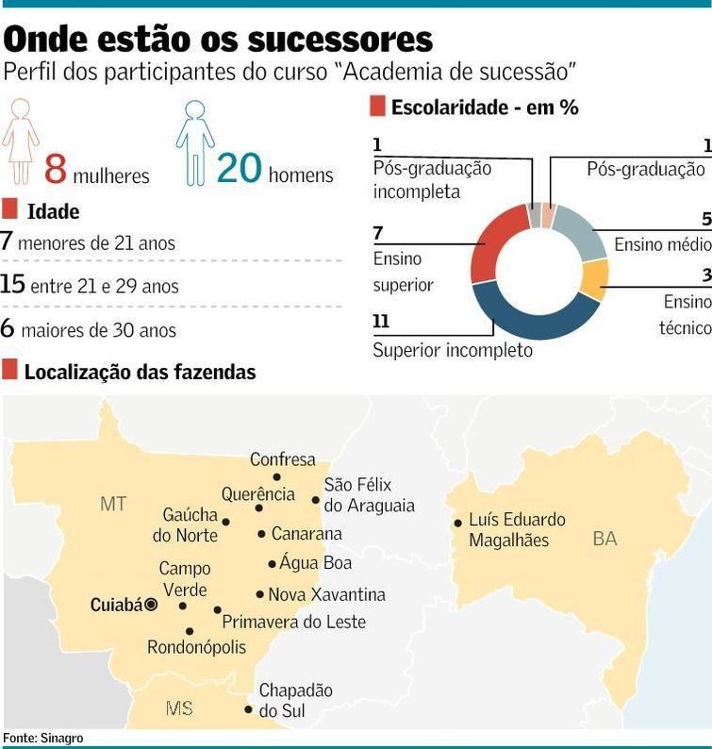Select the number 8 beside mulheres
[x=56, y=170]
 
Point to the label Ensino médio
[x=662, y=245]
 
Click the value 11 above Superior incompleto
[x=381, y=323]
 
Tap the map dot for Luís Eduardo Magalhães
[x=458, y=523]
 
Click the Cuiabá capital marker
[x=151, y=606]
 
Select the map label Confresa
[x=282, y=460]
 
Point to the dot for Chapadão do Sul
[x=248, y=709]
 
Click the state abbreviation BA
[x=604, y=539]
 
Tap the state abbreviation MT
[x=113, y=504]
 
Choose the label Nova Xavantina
[x=326, y=595]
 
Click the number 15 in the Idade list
[x=12, y=284]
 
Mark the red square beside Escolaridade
[x=377, y=107]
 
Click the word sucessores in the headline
[x=339, y=40]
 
